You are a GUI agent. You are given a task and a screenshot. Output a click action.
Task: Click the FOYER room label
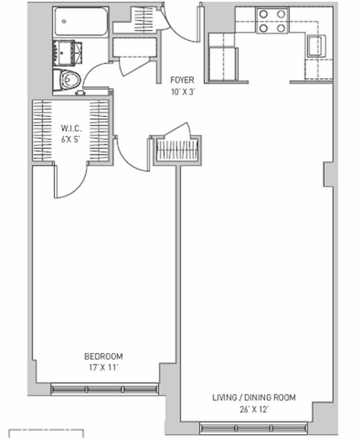tap(182, 80)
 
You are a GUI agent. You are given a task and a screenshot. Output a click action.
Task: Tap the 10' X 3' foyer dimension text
tap(183, 92)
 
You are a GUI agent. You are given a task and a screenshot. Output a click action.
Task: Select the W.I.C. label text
tap(71, 129)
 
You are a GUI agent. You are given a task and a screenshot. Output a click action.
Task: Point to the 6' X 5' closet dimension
tap(71, 139)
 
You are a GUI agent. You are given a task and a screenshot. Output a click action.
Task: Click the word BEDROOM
tap(103, 357)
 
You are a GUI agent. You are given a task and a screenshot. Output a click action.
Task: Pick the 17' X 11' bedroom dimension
tap(103, 367)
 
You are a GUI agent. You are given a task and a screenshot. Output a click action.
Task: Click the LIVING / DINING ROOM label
tap(254, 398)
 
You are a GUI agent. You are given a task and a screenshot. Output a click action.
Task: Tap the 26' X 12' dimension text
tap(254, 410)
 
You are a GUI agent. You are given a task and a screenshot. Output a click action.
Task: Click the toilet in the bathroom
tap(67, 80)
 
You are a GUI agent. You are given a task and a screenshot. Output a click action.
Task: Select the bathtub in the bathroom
tap(81, 22)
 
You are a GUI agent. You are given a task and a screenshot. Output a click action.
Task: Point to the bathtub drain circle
tap(64, 22)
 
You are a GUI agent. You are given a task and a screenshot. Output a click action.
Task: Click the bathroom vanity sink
tap(67, 53)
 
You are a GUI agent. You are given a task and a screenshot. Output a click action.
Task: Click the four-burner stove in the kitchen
tap(273, 21)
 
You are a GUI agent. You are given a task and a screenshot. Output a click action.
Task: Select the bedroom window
tap(104, 389)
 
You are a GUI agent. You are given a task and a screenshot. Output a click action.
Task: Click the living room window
tap(254, 428)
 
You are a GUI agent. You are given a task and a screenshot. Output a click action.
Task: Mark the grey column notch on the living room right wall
tap(328, 174)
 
